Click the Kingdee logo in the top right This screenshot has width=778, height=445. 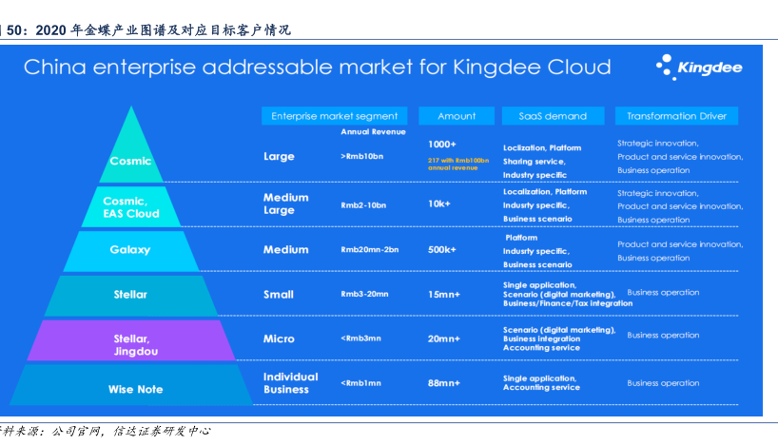pyautogui.click(x=698, y=68)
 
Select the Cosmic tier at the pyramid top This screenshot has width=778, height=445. pyautogui.click(x=130, y=161)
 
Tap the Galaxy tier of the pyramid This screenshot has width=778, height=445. pyautogui.click(x=130, y=250)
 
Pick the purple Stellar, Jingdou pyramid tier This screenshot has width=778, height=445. pyautogui.click(x=130, y=344)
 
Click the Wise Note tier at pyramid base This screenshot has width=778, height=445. pyautogui.click(x=130, y=389)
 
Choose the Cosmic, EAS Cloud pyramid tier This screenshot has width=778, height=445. pyautogui.click(x=130, y=207)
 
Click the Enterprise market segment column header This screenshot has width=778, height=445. pyautogui.click(x=334, y=116)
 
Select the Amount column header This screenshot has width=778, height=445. pyautogui.click(x=457, y=116)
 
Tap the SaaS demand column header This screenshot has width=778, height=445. pyautogui.click(x=553, y=116)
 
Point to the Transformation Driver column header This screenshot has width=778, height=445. pyautogui.click(x=676, y=116)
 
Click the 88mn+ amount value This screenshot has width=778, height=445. pyautogui.click(x=444, y=383)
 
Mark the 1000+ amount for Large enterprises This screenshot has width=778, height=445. pyautogui.click(x=442, y=144)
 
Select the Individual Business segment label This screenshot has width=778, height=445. pyautogui.click(x=290, y=383)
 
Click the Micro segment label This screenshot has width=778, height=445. pyautogui.click(x=279, y=339)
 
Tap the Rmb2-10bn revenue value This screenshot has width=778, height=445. pyautogui.click(x=363, y=204)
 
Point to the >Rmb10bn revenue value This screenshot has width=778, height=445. pyautogui.click(x=361, y=155)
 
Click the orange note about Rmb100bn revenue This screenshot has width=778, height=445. pyautogui.click(x=457, y=163)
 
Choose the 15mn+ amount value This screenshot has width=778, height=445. pyautogui.click(x=444, y=295)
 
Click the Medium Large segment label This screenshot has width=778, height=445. pyautogui.click(x=286, y=204)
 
